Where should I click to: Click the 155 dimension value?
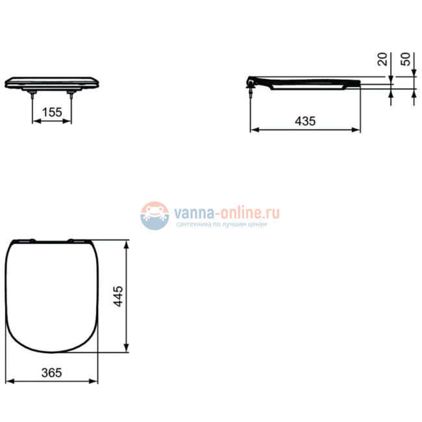pos(52,112)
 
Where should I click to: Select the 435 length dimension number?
pos(304,121)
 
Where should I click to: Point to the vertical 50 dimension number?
pos(406,60)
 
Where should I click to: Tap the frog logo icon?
pos(155,216)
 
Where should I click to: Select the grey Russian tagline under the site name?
pos(221,225)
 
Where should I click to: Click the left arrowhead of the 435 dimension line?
pos(254,130)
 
